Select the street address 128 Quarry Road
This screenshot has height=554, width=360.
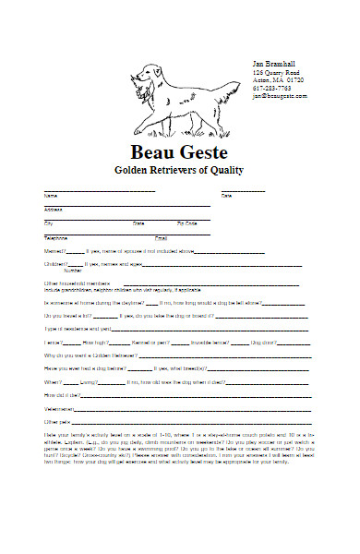[276, 72]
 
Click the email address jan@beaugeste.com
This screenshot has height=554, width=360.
[281, 96]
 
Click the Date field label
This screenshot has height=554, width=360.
[226, 196]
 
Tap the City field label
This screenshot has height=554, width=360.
[49, 223]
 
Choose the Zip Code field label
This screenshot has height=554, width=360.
[186, 223]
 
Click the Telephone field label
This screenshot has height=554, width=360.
[56, 238]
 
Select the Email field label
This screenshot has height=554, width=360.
[161, 238]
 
